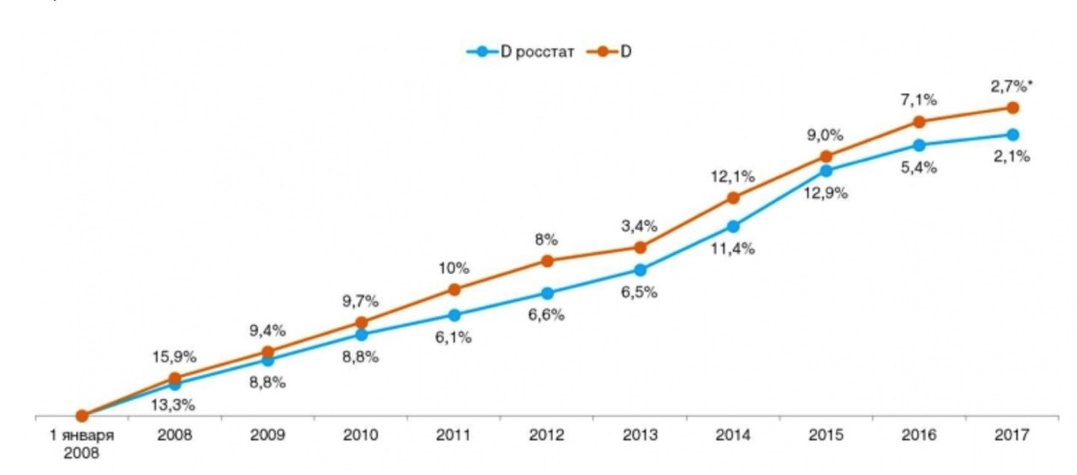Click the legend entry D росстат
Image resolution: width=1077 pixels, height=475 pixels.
[x=521, y=52]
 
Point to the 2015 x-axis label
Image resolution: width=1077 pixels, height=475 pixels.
[x=826, y=435]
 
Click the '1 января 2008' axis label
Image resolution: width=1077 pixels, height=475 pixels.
[x=82, y=443]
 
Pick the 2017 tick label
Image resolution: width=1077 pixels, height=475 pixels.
[x=1012, y=435]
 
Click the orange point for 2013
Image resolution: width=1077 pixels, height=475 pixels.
[x=640, y=247]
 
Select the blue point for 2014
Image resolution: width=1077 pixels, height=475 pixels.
[x=733, y=226]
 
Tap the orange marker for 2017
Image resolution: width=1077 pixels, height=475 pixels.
[x=1013, y=108]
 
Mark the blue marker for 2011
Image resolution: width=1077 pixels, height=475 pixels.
[x=454, y=315]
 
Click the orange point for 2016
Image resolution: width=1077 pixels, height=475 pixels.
[x=920, y=123]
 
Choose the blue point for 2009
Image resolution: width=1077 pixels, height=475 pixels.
[x=268, y=361]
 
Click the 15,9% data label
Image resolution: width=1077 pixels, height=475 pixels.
[x=175, y=356]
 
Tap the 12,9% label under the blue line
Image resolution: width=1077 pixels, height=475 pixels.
[x=826, y=193]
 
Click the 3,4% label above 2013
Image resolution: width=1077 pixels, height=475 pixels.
[x=640, y=224]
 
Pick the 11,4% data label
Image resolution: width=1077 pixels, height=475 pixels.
[x=733, y=249]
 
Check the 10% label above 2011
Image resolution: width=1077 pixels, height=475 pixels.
[x=454, y=268]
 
